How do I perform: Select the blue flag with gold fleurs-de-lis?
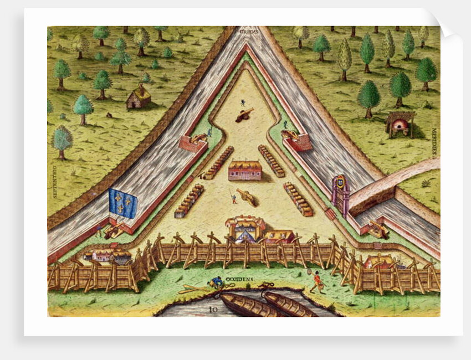[123, 202]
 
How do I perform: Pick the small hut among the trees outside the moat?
[138, 98]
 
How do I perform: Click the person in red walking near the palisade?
[318, 282]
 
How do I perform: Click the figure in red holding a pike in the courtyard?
[233, 196]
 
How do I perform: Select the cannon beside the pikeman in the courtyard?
[247, 197]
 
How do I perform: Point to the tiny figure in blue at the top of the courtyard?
[242, 103]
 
